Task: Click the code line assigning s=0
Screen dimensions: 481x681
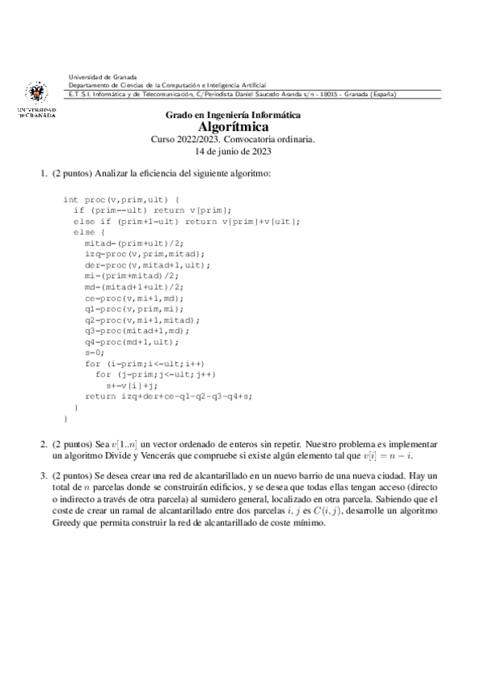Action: tap(95, 352)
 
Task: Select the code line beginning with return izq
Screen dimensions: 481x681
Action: tap(168, 396)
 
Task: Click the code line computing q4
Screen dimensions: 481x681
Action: tap(133, 340)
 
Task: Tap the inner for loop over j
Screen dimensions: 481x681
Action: tap(156, 374)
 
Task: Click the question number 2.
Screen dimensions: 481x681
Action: tap(44, 443)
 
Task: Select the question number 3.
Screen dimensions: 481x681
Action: tap(44, 476)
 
